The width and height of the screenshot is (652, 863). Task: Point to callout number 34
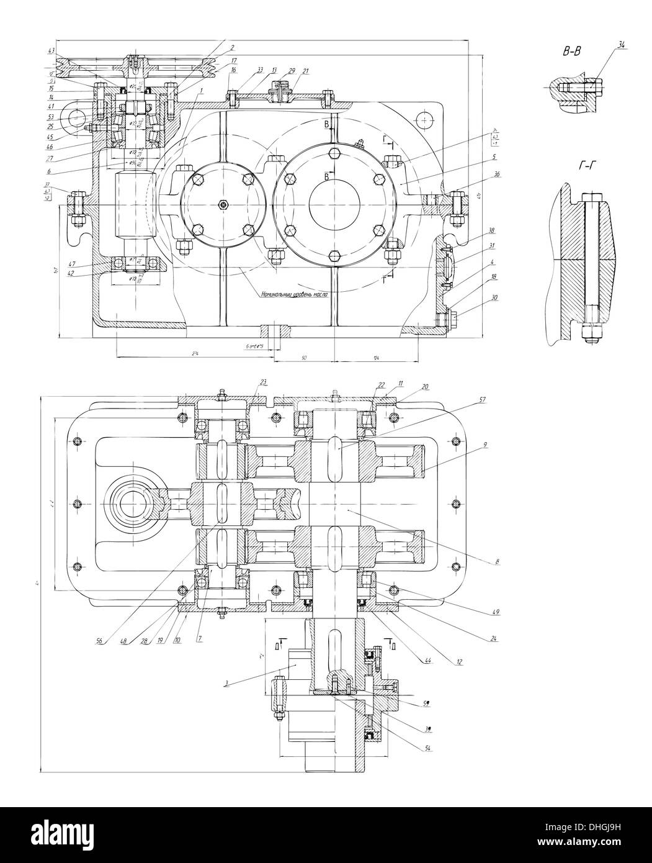[622, 44]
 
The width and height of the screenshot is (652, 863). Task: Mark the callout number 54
[428, 748]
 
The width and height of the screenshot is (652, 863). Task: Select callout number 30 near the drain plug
[494, 297]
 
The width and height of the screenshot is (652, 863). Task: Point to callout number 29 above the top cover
[291, 72]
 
